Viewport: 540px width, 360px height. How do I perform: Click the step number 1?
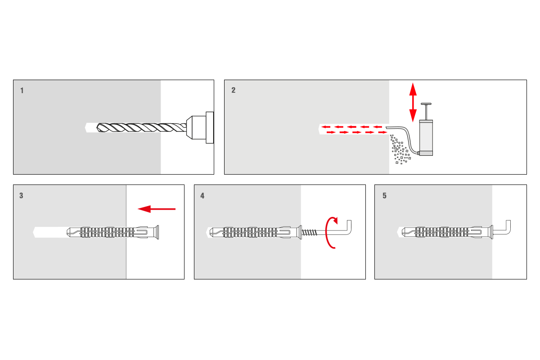[x=22, y=90]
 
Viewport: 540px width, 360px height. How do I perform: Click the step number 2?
[x=234, y=90]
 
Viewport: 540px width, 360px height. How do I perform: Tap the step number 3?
[x=21, y=196]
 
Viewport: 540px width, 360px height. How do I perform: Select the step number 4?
[x=202, y=196]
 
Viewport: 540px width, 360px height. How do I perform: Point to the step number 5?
[x=384, y=196]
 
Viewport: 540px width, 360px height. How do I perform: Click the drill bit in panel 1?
[x=141, y=127]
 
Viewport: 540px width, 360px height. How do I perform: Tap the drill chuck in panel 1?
[x=200, y=127]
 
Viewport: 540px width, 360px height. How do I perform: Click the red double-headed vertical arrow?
[x=413, y=102]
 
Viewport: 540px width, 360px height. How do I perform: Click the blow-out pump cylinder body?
[x=426, y=138]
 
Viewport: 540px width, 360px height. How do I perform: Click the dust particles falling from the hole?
[x=400, y=149]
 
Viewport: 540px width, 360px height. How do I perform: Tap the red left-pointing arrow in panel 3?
[x=157, y=209]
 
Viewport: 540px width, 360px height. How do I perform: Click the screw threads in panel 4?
[x=309, y=233]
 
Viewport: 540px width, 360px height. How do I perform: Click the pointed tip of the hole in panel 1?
[x=85, y=127]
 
